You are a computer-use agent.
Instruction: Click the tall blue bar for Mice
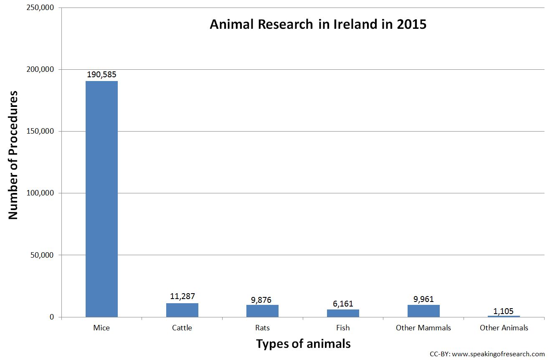click(101, 198)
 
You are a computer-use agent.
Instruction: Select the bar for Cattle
click(182, 310)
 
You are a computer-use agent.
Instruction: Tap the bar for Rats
click(262, 311)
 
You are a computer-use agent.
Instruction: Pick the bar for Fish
click(343, 313)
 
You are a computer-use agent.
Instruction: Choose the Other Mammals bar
click(423, 311)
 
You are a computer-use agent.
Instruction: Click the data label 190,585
click(101, 75)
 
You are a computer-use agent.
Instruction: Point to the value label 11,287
click(182, 297)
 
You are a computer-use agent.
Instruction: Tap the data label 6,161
click(343, 303)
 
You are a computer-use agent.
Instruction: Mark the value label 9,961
click(423, 299)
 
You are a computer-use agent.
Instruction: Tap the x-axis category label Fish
click(343, 328)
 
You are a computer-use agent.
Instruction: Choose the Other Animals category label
click(504, 328)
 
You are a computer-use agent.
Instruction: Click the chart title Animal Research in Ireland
click(318, 24)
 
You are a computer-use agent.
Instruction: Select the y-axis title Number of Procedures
click(13, 155)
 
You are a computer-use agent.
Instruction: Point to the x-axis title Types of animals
click(303, 344)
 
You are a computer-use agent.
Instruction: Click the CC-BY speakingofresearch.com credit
click(487, 354)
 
